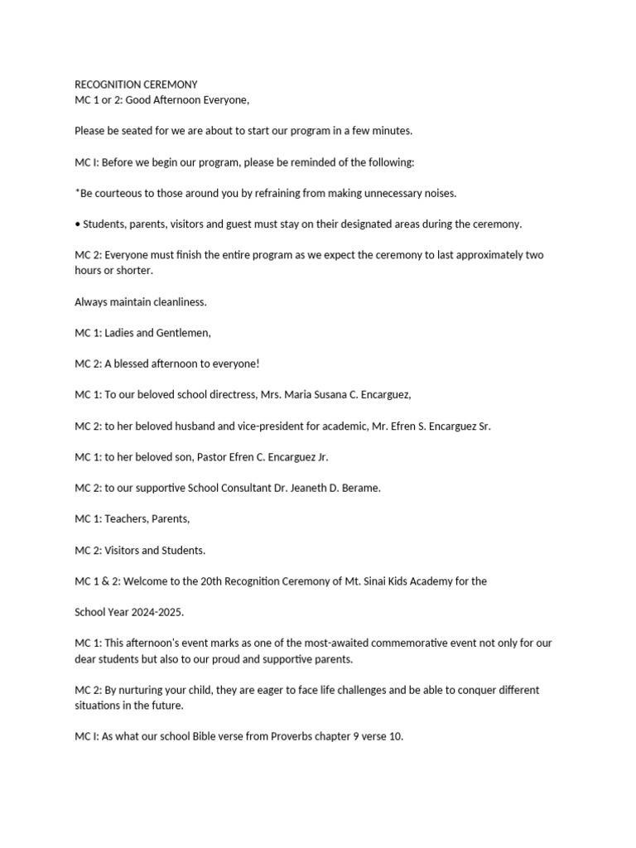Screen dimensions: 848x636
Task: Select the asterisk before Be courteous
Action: (x=77, y=192)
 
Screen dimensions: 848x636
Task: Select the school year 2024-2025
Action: (x=156, y=612)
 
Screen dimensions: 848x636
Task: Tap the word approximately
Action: (x=481, y=255)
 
